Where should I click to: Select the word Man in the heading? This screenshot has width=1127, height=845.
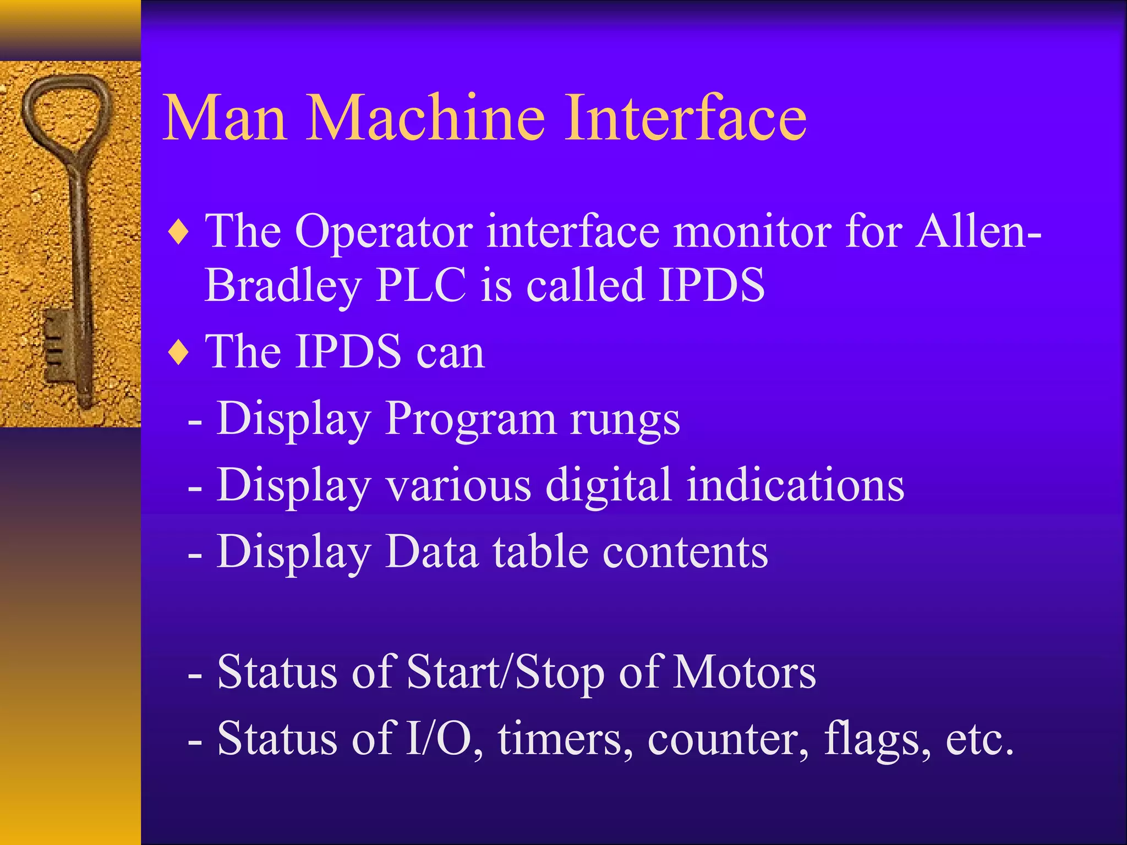point(225,118)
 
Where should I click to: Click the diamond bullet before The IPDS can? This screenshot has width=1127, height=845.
point(179,353)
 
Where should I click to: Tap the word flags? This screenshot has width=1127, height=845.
point(877,738)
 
